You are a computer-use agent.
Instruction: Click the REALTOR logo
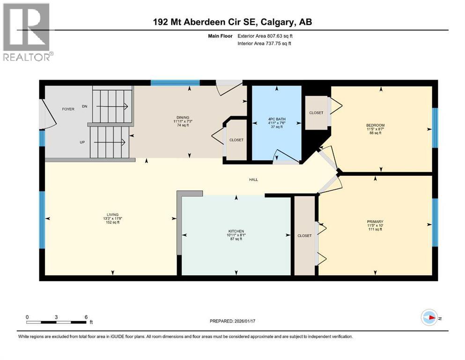point(27,32)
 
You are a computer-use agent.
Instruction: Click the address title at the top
point(232,22)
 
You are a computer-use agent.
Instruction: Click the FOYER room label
point(68,109)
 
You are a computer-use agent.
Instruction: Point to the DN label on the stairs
point(85,106)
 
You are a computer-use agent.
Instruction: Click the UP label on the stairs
point(82,142)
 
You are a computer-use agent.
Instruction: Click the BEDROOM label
point(375,125)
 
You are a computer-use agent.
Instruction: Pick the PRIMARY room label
point(375,221)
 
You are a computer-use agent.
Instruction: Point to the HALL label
point(253,180)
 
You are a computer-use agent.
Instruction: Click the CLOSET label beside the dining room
point(236,140)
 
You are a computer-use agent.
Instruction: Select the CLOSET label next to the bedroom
point(316,113)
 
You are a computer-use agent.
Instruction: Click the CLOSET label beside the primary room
point(304,236)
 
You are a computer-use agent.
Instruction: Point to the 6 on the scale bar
point(86,317)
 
